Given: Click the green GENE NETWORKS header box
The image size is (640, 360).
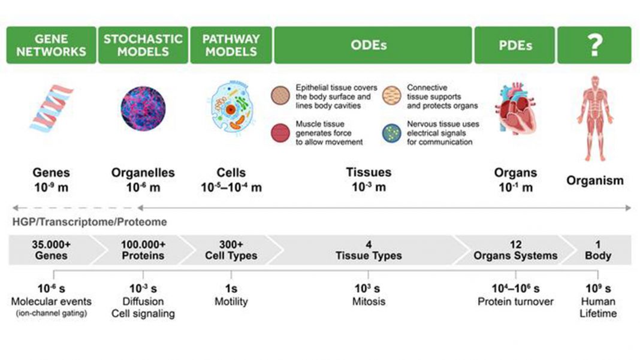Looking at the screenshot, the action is (x=52, y=45).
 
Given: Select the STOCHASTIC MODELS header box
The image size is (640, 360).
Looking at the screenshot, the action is (x=143, y=45).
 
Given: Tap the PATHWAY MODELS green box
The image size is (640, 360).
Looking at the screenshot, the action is (x=231, y=45).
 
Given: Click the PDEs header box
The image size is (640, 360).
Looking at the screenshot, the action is (x=515, y=45).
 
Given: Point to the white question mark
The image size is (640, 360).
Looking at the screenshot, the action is (x=595, y=45).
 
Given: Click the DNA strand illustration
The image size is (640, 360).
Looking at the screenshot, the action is (x=52, y=108).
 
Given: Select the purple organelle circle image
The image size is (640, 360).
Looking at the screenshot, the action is (x=143, y=108).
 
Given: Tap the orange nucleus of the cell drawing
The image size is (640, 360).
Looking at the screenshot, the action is (x=231, y=110).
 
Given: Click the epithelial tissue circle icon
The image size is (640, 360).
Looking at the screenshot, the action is (x=280, y=95).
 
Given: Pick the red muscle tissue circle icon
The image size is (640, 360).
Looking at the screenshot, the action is (x=280, y=133).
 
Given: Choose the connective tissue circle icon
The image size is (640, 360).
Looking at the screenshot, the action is (x=392, y=95).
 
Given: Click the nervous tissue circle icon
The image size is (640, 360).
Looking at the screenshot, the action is (x=392, y=133).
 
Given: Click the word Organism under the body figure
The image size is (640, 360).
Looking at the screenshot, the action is (x=595, y=180).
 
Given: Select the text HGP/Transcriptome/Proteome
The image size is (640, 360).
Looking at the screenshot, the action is (x=90, y=222).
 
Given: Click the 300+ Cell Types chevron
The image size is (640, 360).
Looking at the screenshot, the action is (x=231, y=250).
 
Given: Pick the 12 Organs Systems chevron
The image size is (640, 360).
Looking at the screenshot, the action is (x=516, y=250).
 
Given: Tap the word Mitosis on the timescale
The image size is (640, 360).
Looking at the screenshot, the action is (x=369, y=302).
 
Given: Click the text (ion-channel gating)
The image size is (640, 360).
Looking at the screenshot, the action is (x=52, y=313).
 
